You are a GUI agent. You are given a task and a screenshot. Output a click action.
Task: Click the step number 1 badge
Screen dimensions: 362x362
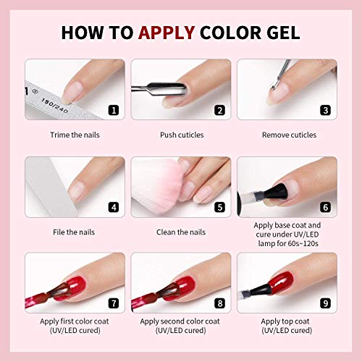pos(113,111)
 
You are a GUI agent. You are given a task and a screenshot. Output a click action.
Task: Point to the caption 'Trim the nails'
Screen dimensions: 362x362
pos(75,135)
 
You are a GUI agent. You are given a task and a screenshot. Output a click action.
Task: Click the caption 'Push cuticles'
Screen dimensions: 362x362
pos(181,135)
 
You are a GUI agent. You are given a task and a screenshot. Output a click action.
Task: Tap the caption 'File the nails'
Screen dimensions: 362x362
pos(75,232)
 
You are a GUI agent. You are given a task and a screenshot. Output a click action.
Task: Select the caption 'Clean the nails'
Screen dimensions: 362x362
pos(181,232)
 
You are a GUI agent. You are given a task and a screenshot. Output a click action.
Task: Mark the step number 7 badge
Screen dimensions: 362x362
pos(113,303)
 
